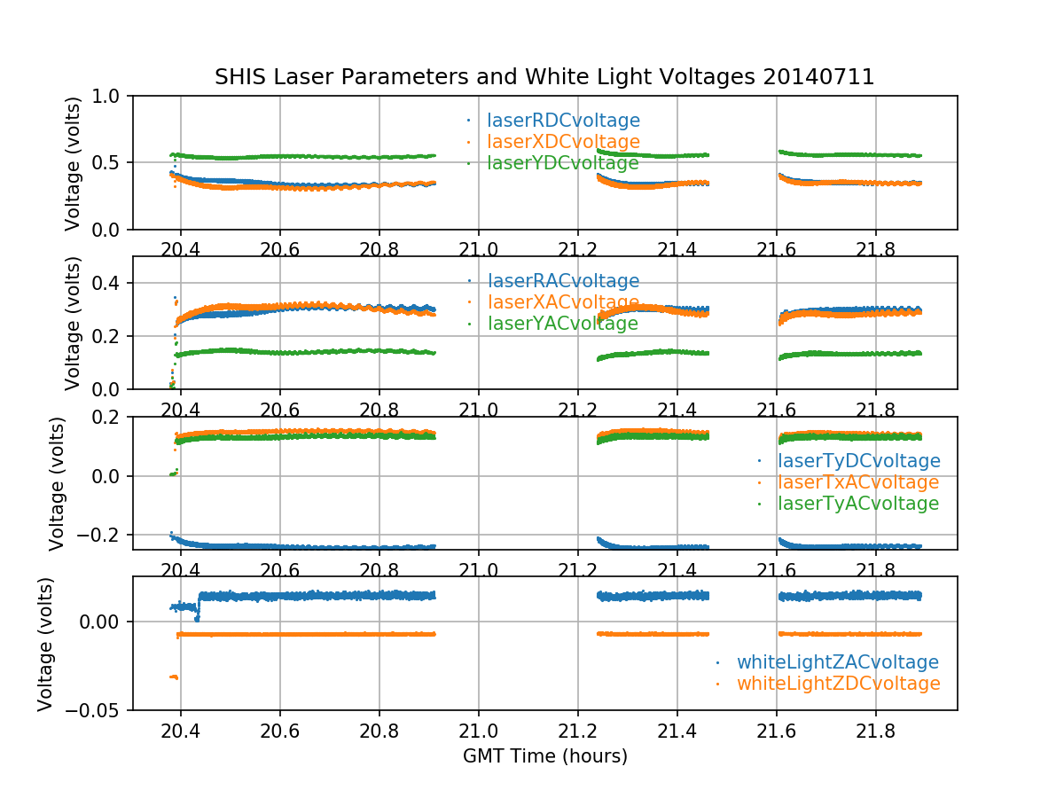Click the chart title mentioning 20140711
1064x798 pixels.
pos(544,77)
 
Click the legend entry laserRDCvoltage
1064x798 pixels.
pos(563,121)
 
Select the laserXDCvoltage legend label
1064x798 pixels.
pos(563,142)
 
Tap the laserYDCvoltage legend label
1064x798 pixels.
pos(563,163)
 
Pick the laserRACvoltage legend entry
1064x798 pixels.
pos(563,281)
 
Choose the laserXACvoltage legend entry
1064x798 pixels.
pos(563,302)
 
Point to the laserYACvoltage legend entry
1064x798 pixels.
pos(563,324)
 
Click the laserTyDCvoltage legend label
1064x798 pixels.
pos(858,461)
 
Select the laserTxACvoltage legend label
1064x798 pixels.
pos(857,482)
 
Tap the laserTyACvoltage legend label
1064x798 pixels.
pos(857,504)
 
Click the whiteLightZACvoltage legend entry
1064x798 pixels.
pos(837,662)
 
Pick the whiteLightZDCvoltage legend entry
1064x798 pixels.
pos(838,684)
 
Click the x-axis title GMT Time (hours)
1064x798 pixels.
pos(544,756)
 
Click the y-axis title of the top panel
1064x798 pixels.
pos(73,163)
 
